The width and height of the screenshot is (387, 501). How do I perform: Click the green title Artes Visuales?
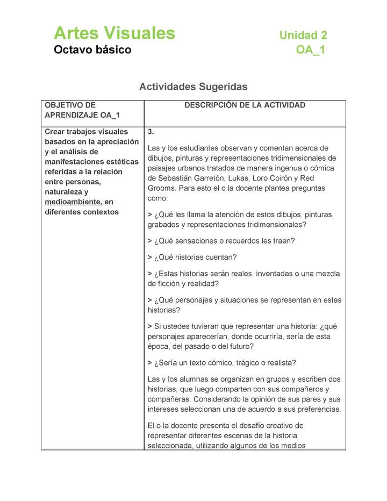[x=114, y=33]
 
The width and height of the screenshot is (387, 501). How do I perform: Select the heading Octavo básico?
[x=92, y=51]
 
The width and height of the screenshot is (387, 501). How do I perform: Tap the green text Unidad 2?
[x=303, y=35]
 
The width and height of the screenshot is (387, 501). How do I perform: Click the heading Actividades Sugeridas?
[x=193, y=87]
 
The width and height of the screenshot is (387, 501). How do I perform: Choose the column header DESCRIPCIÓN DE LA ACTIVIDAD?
[x=245, y=105]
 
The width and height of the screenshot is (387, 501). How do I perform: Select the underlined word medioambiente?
[x=72, y=202]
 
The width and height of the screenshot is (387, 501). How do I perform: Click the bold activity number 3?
[x=151, y=132]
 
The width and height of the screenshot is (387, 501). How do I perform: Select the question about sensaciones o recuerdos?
[x=221, y=241]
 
